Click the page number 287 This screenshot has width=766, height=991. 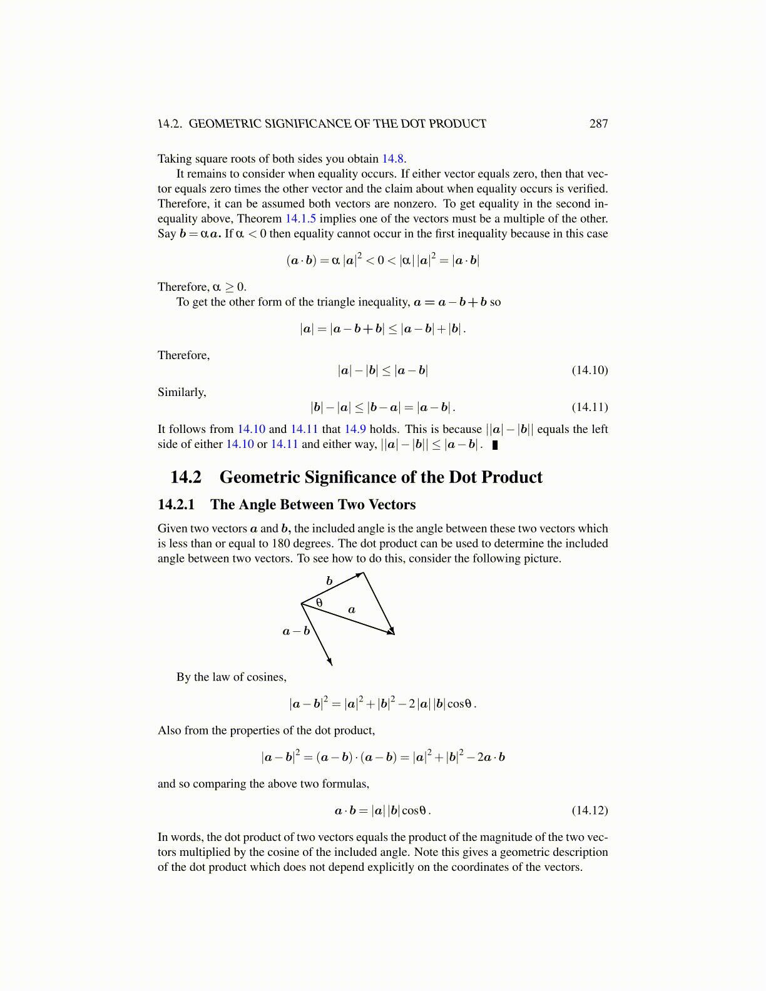(x=598, y=124)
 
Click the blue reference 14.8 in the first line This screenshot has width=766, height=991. (x=392, y=159)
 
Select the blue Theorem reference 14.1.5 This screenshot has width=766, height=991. (x=300, y=219)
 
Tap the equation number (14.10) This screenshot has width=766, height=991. (x=590, y=370)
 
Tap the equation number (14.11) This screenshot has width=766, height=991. (x=590, y=407)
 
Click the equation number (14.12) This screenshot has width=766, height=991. (x=590, y=811)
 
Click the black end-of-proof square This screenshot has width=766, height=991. (x=495, y=445)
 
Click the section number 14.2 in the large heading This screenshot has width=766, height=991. (x=186, y=477)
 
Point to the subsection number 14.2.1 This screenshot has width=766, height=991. (x=176, y=505)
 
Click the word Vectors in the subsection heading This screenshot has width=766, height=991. (x=392, y=505)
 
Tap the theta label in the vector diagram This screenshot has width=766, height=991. (x=319, y=603)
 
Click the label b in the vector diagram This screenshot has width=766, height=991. (x=329, y=581)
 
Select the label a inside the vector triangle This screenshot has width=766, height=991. (x=352, y=609)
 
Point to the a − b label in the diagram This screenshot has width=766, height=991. (x=296, y=631)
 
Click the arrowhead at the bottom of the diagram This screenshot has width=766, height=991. (x=329, y=661)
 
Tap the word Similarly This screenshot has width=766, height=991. (x=181, y=392)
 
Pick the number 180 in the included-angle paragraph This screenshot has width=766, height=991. (x=282, y=544)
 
